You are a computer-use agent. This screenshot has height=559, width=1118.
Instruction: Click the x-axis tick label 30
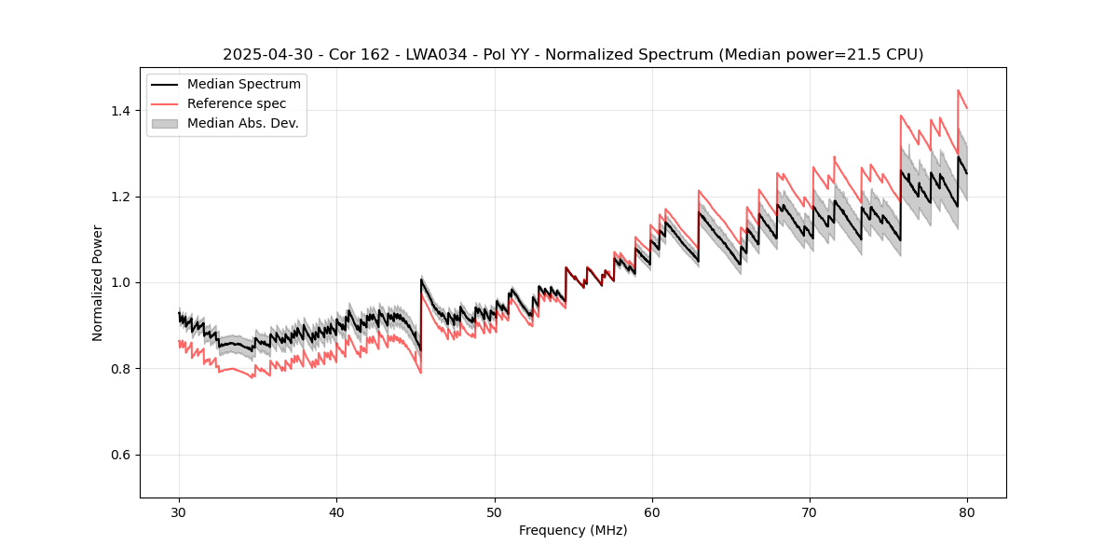click(179, 511)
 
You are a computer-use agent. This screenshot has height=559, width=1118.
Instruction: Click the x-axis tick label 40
click(336, 511)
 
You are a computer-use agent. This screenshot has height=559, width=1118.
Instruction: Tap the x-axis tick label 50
click(494, 511)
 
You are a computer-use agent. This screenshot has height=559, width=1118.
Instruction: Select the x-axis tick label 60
click(651, 511)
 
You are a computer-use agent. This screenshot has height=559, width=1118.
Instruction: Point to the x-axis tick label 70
click(809, 511)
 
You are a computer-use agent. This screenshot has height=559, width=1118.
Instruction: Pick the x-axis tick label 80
click(966, 511)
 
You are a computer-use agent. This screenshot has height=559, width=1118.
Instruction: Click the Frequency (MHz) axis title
click(573, 530)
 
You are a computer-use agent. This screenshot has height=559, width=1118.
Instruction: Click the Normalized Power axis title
click(98, 282)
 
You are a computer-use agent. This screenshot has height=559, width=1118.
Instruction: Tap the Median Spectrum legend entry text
click(243, 85)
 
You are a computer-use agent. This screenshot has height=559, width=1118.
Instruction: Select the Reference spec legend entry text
click(237, 103)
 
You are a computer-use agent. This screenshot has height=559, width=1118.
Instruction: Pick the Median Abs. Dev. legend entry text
click(242, 123)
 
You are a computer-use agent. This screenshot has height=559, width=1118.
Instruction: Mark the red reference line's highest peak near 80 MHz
click(959, 90)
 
